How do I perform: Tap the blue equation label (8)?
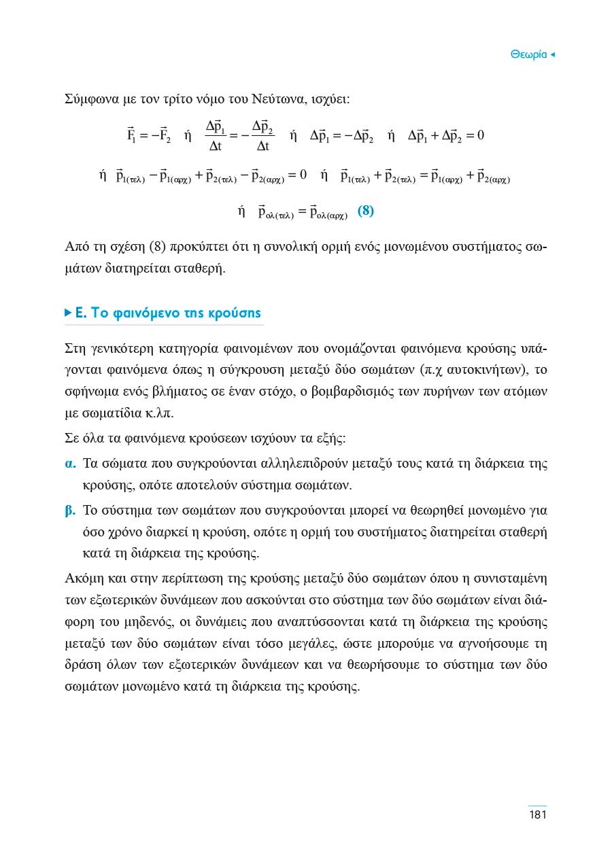click(x=366, y=211)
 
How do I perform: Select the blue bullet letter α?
click(x=69, y=465)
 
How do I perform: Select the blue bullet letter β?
click(x=69, y=509)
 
